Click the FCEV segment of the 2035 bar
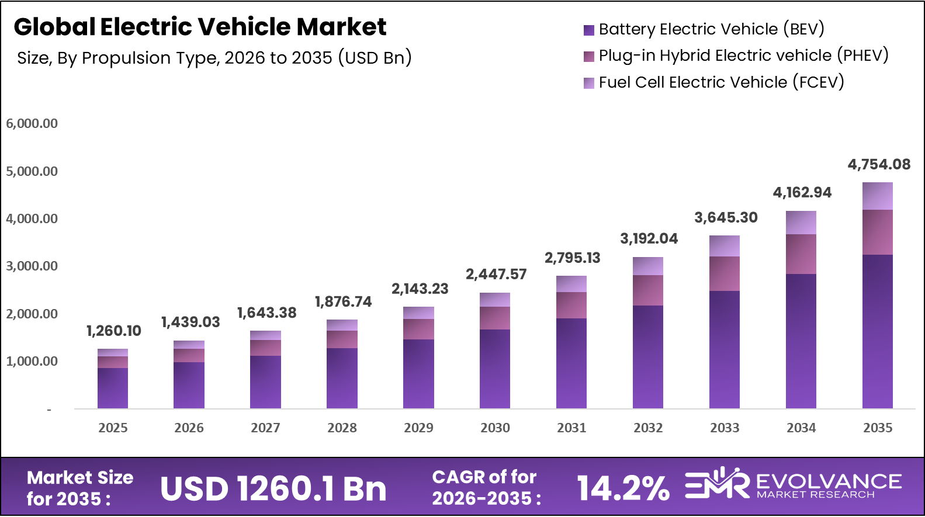pyautogui.click(x=877, y=196)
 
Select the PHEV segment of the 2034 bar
pyautogui.click(x=801, y=254)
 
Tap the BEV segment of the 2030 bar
pyautogui.click(x=495, y=369)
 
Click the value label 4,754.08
pyautogui.click(x=879, y=165)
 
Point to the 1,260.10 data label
pyautogui.click(x=114, y=331)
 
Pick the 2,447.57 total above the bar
pyautogui.click(x=496, y=275)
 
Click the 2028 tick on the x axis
pyautogui.click(x=342, y=428)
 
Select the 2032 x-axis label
pyautogui.click(x=648, y=428)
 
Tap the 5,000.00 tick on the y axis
pyautogui.click(x=32, y=172)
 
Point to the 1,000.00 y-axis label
pyautogui.click(x=32, y=362)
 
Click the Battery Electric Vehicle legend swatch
pyautogui.click(x=589, y=30)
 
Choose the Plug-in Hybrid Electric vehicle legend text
pyautogui.click(x=743, y=55)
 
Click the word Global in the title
pyautogui.click(x=54, y=27)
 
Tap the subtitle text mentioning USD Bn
pyautogui.click(x=214, y=58)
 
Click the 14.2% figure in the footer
pyautogui.click(x=623, y=488)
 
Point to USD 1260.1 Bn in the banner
pyautogui.click(x=273, y=489)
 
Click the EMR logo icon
pyautogui.click(x=717, y=484)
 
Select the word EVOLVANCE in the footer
pyautogui.click(x=829, y=482)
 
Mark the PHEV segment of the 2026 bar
pyautogui.click(x=189, y=355)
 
